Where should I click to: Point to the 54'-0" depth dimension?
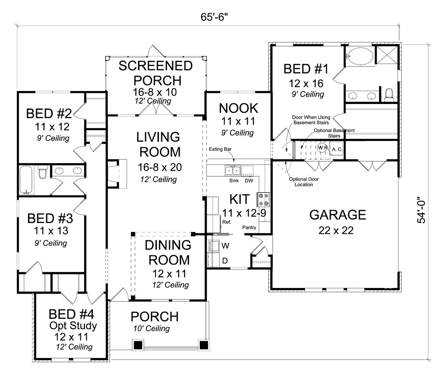[423, 210]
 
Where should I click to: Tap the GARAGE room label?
[337, 215]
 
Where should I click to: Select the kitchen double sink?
[233, 170]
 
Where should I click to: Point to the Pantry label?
[250, 227]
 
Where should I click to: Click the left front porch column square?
[138, 344]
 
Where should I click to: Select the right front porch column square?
[204, 344]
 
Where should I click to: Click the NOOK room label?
[238, 108]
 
